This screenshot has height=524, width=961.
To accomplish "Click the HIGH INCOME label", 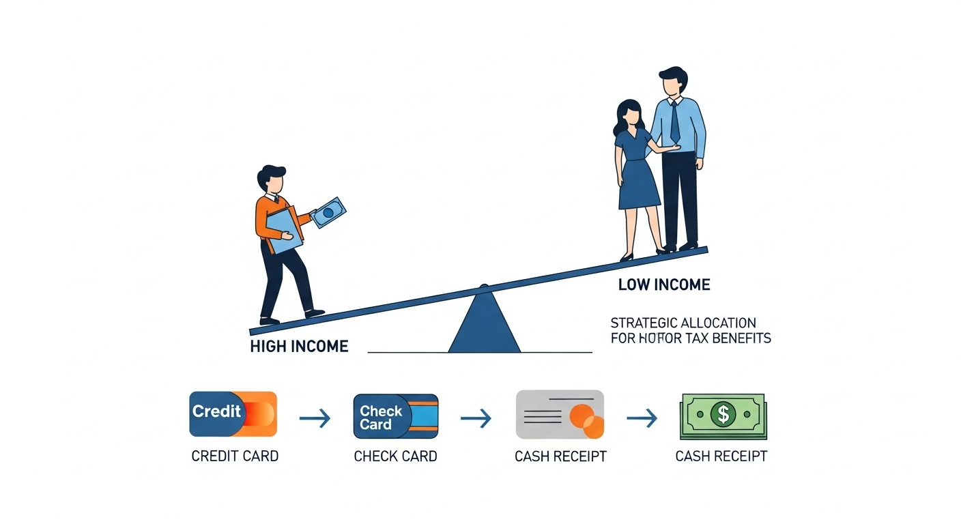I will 299,346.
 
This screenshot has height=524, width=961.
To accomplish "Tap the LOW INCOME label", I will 664,285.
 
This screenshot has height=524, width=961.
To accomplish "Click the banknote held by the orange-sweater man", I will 327,212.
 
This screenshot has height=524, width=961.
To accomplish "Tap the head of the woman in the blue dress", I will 629,114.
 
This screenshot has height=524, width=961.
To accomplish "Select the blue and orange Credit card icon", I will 233,413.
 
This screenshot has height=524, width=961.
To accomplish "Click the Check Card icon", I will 395,416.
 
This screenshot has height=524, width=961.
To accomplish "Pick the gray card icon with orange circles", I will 560,413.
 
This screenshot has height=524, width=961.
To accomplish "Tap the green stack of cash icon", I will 723,416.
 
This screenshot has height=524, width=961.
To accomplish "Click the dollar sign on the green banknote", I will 722,413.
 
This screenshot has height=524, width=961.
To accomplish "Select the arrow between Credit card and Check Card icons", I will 314,418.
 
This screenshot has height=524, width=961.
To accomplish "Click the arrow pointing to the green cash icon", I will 642,418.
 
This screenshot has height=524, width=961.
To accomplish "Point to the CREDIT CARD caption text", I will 235,456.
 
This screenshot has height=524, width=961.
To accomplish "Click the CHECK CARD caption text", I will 395,456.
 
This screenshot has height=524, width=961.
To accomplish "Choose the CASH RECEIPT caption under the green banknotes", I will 721,456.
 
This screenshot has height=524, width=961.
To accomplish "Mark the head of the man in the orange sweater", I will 272,180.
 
